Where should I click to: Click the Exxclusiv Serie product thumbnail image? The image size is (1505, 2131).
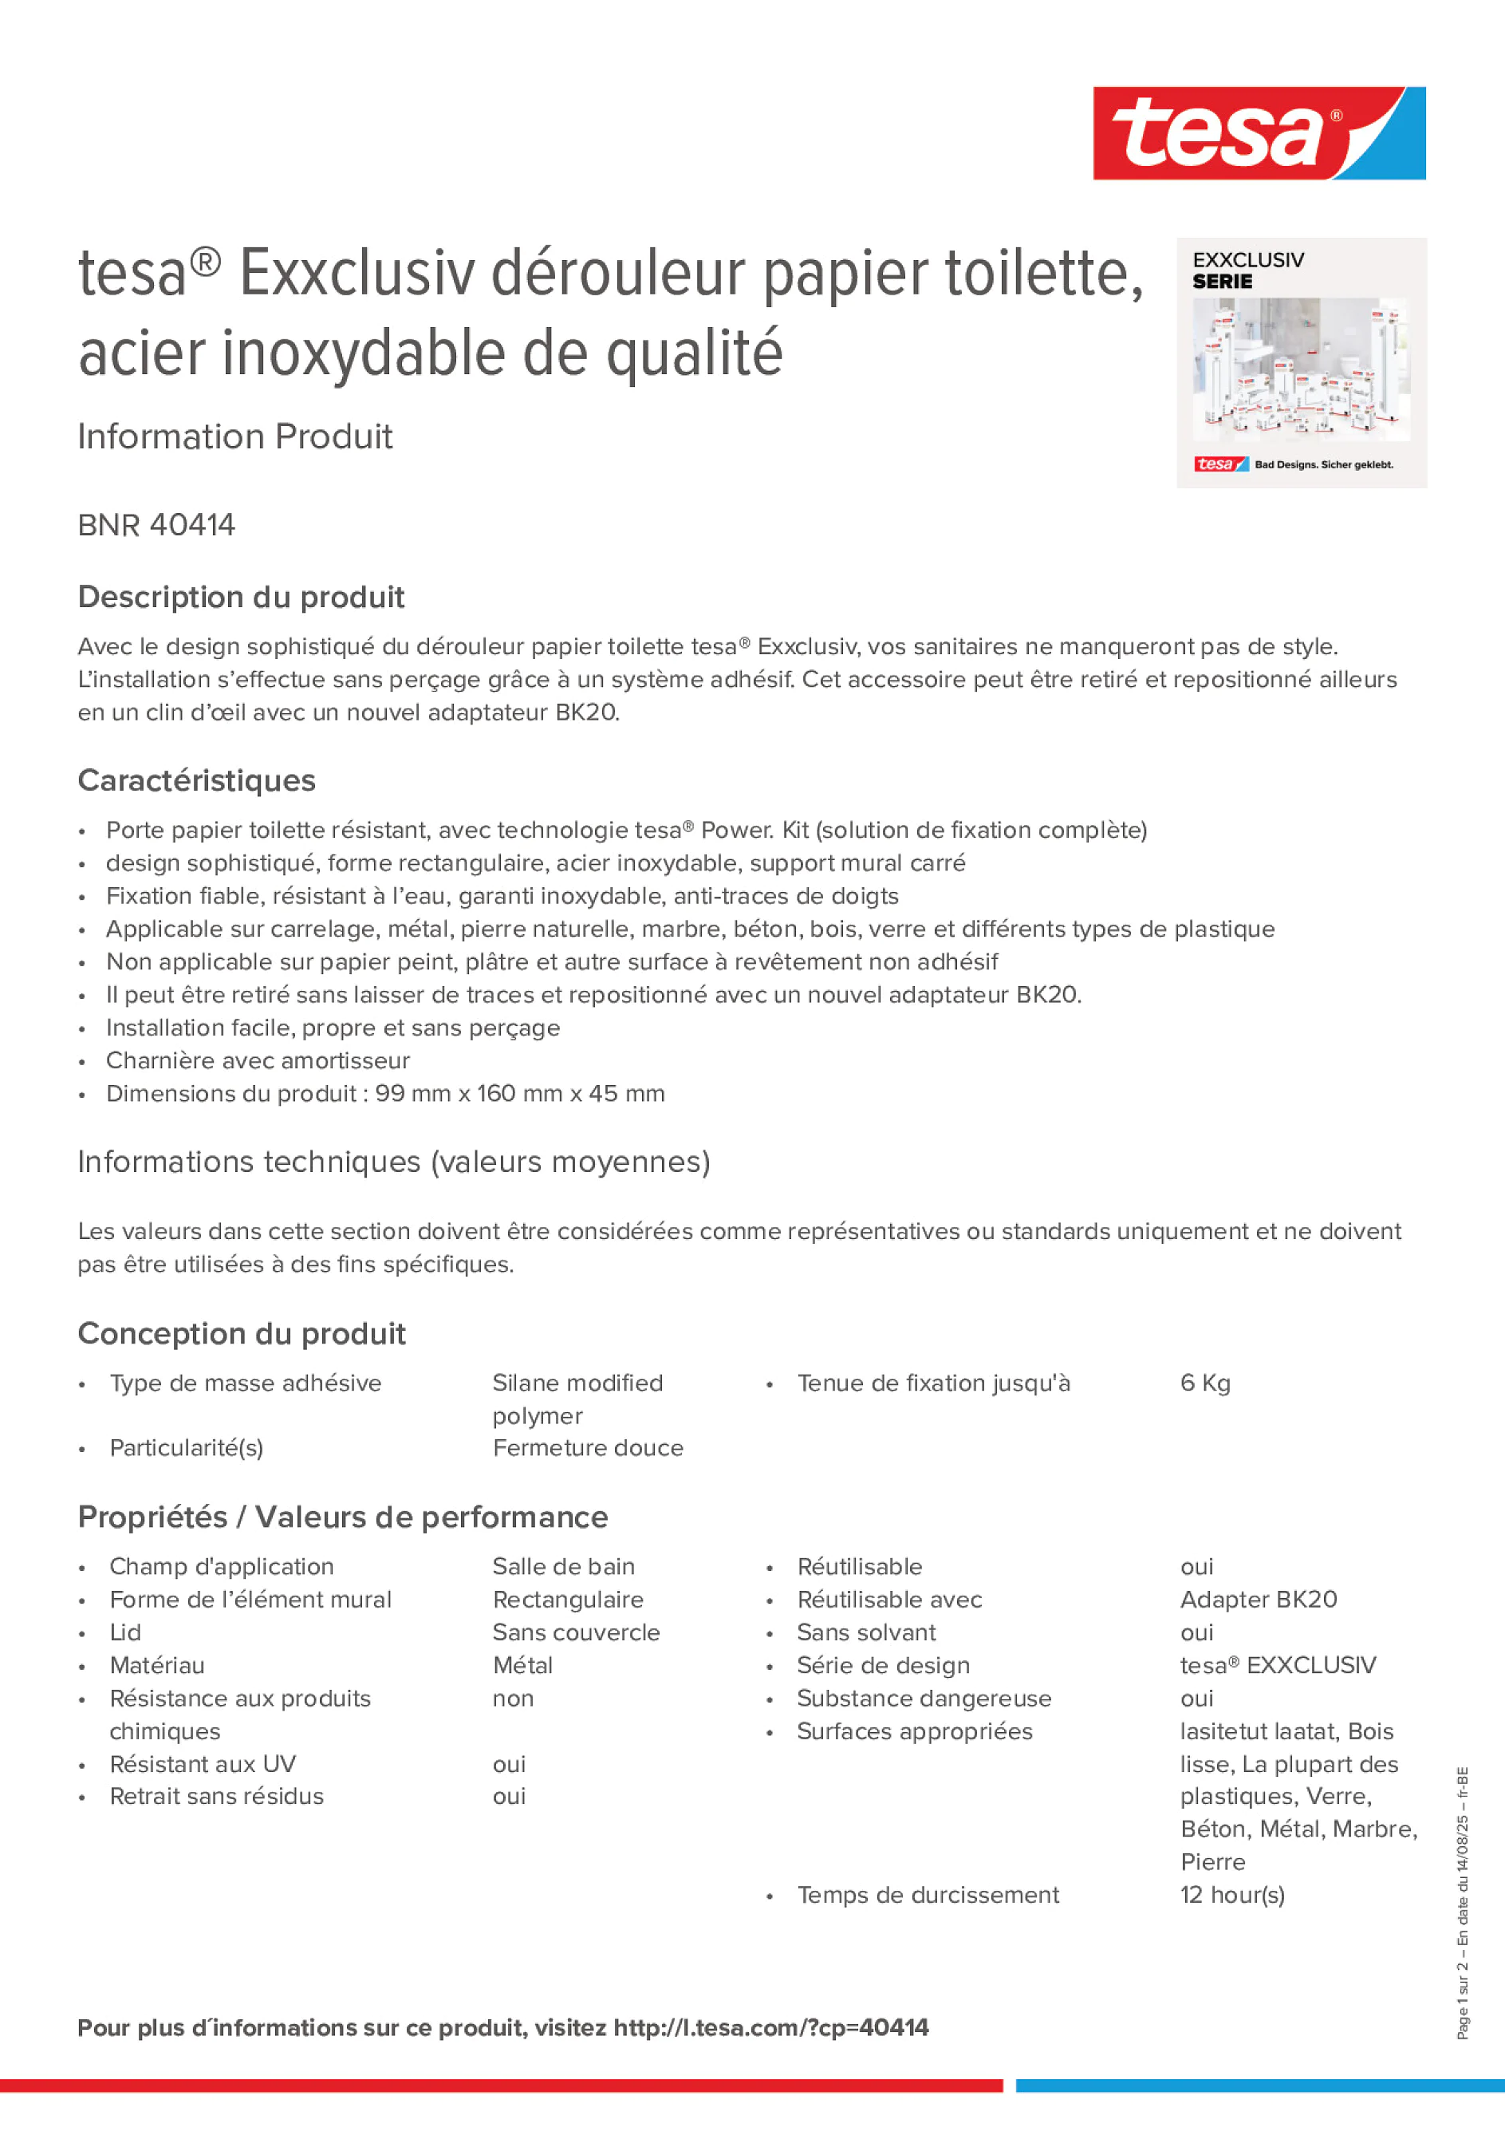(x=1301, y=363)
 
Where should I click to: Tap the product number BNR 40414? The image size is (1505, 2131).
(x=156, y=525)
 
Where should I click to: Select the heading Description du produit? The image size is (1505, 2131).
(x=241, y=597)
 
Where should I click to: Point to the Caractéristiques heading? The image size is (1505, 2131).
(x=197, y=780)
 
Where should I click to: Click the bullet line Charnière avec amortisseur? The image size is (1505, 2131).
(x=257, y=1060)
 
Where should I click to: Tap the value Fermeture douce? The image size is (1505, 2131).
(x=587, y=1448)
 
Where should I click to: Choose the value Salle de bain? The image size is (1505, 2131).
(x=563, y=1567)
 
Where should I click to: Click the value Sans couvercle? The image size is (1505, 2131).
(x=576, y=1632)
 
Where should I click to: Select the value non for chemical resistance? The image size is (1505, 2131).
(x=513, y=1699)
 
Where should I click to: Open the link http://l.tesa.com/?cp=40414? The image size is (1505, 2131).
(x=770, y=2027)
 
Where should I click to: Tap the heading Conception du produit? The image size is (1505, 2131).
(x=241, y=1334)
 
